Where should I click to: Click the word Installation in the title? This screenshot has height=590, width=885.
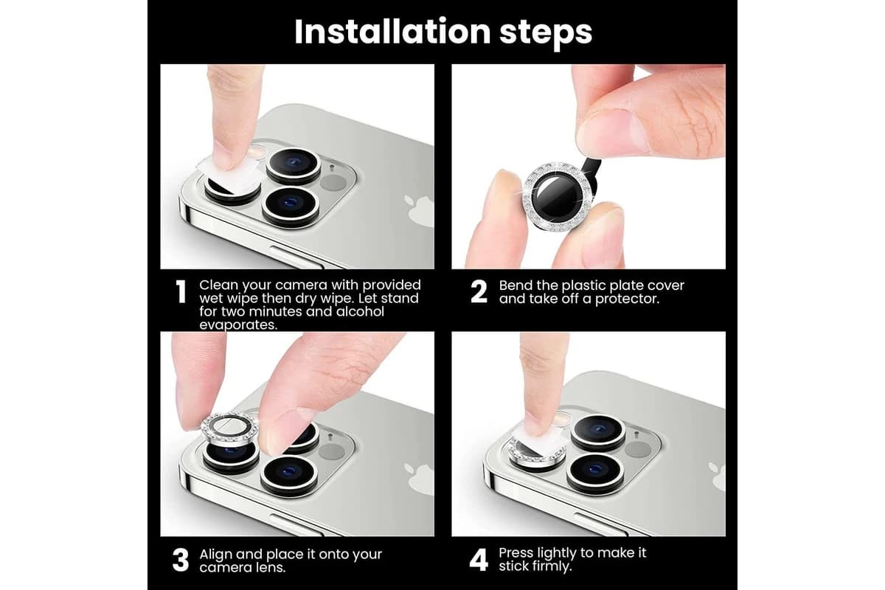point(392,32)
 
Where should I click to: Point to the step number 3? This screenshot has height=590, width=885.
point(181,560)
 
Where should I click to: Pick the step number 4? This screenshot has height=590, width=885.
point(479,560)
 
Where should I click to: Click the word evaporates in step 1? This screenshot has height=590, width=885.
point(237,324)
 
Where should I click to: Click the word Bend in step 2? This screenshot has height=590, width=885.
point(515,285)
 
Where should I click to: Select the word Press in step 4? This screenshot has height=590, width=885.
point(516,553)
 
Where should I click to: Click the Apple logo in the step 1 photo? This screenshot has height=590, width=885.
point(420,211)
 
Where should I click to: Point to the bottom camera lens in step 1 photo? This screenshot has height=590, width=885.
point(291,206)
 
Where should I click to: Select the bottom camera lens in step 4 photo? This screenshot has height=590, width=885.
point(595,473)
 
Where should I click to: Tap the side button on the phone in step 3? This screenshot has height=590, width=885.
point(296,525)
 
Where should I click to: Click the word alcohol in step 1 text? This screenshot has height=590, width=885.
point(360,312)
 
